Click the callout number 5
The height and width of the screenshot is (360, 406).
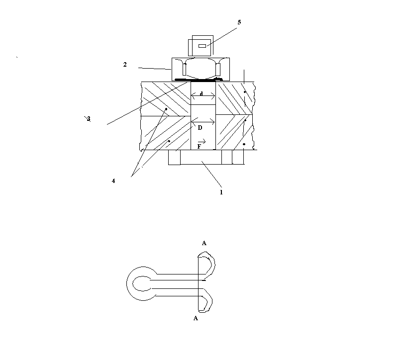pos(239,22)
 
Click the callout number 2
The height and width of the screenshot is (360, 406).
pos(125,65)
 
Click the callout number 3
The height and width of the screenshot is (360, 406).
pos(89,119)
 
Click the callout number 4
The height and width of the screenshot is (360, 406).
pos(113,181)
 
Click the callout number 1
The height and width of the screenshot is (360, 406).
pos(221,192)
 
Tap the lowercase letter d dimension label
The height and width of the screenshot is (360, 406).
pos(201,93)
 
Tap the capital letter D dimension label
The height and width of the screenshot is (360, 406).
pos(200,128)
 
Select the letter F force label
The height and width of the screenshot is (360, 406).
pos(199,147)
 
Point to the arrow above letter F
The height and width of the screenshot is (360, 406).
pos(202,141)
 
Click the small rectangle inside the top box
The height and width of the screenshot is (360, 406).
pos(202,46)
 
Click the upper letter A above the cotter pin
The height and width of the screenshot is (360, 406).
pos(204,243)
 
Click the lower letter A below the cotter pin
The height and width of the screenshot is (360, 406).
pos(196,318)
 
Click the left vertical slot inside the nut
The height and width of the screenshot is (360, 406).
pos(185,69)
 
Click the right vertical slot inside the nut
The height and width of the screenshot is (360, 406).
pos(218,69)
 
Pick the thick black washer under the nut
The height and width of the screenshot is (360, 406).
pos(199,80)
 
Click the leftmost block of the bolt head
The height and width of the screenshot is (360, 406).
pos(174,157)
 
